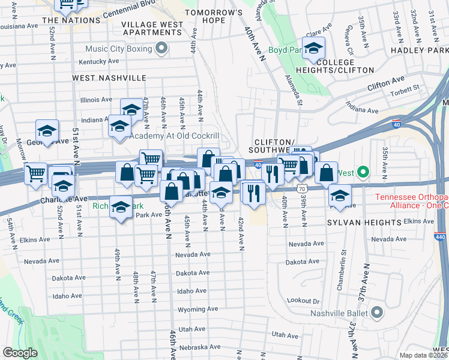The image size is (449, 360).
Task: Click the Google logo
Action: click(20, 353)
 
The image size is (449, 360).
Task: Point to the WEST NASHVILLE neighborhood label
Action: click(109, 78)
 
